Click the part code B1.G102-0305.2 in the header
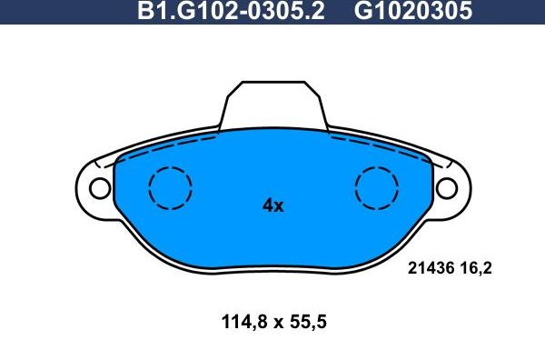pos(233,14)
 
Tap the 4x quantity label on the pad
pos(272,206)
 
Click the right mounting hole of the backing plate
pos(446,188)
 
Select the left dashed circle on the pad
pos(170,190)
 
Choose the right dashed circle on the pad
pos(376,190)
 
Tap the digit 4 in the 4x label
pos(267,206)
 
